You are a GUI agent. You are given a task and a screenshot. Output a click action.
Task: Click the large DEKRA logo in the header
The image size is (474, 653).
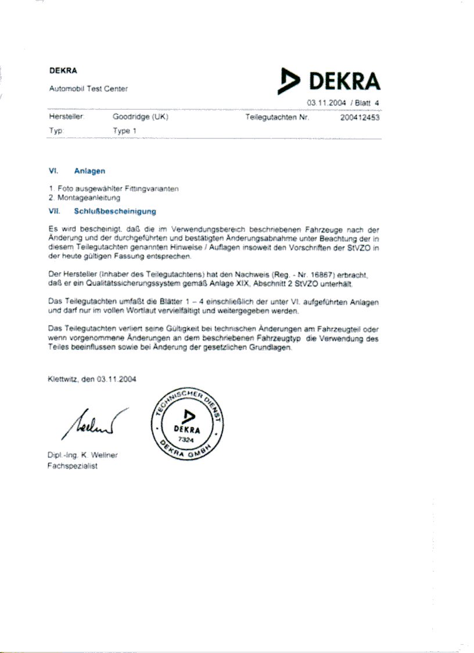point(329,81)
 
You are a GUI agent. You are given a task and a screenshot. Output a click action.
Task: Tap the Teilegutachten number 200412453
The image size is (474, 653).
point(360,117)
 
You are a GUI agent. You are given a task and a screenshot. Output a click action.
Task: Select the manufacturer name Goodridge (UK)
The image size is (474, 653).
point(140,117)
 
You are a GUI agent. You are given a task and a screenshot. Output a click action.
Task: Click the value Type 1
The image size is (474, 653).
point(125,131)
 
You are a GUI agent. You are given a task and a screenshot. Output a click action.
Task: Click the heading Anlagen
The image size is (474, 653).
point(89,171)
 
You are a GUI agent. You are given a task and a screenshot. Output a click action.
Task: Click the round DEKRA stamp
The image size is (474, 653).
point(187,424)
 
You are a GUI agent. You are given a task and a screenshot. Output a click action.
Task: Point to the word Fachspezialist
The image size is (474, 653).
point(72,466)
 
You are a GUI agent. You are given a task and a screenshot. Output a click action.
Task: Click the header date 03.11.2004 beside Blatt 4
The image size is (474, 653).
point(327,103)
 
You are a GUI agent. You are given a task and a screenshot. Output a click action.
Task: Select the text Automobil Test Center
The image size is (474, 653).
point(88,89)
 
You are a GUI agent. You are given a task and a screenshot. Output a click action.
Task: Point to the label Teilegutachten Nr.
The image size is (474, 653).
point(278,117)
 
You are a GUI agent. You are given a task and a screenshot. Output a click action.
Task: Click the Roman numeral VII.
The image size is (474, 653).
point(55,212)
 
